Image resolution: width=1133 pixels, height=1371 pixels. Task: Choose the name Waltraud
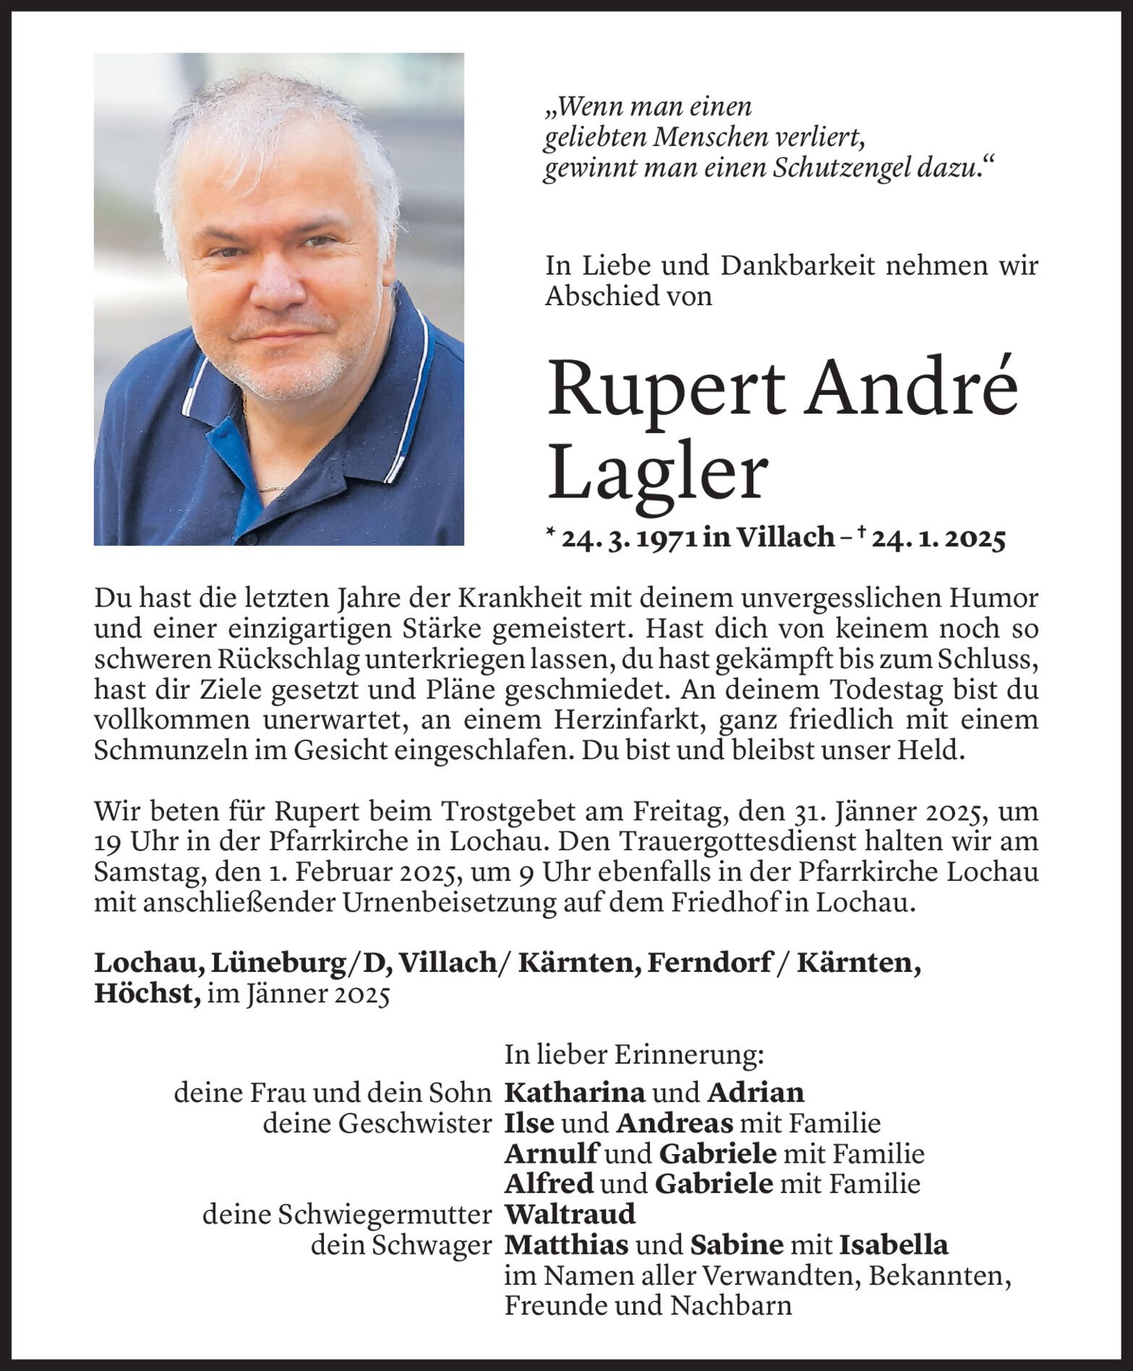coord(570,1213)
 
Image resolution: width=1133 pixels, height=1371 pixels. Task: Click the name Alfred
coord(549,1183)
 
